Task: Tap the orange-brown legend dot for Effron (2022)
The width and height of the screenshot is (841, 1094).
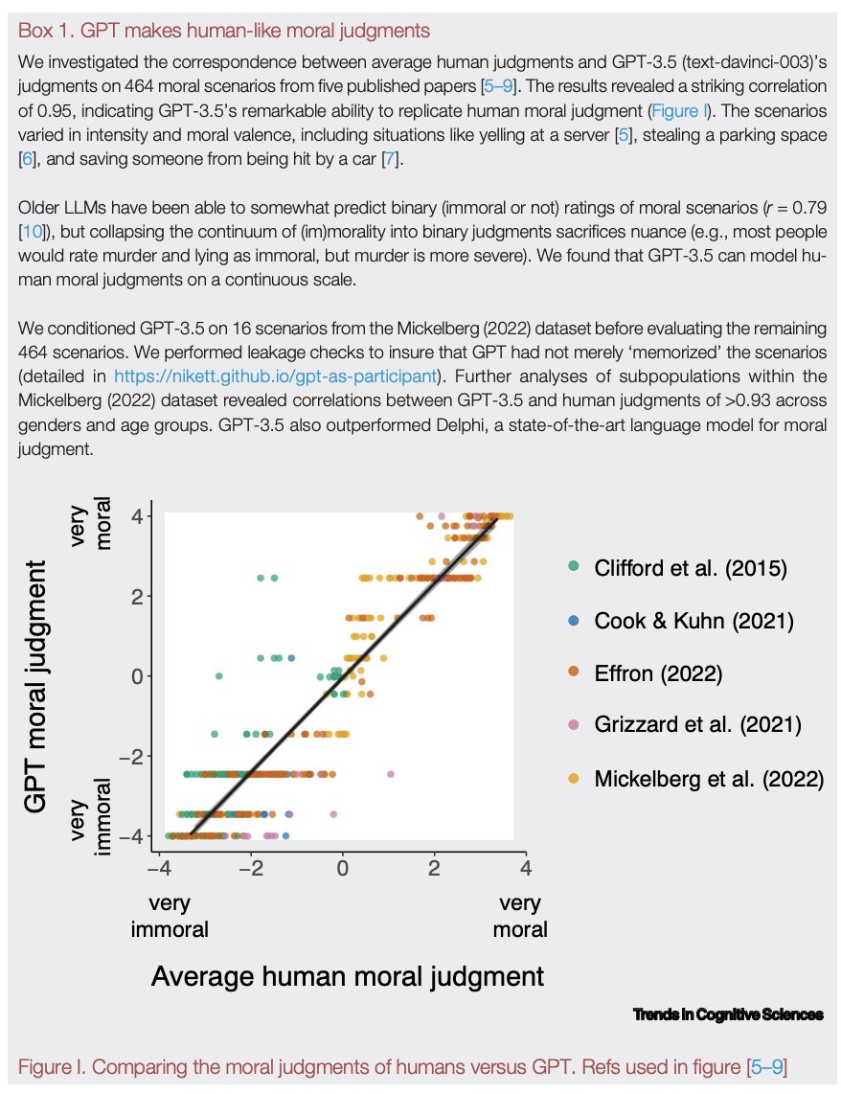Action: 574,673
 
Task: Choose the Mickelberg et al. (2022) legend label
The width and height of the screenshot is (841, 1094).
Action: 708,779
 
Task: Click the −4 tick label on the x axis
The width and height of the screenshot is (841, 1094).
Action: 159,867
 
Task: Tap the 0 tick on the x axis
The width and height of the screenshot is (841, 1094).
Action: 342,867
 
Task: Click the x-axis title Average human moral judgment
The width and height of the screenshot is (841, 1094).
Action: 348,976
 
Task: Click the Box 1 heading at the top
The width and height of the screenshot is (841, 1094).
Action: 224,31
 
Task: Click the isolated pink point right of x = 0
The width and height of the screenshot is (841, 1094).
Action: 390,773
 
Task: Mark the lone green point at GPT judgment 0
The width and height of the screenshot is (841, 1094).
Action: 218,675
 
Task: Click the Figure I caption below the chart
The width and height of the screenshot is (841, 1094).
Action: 402,1065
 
